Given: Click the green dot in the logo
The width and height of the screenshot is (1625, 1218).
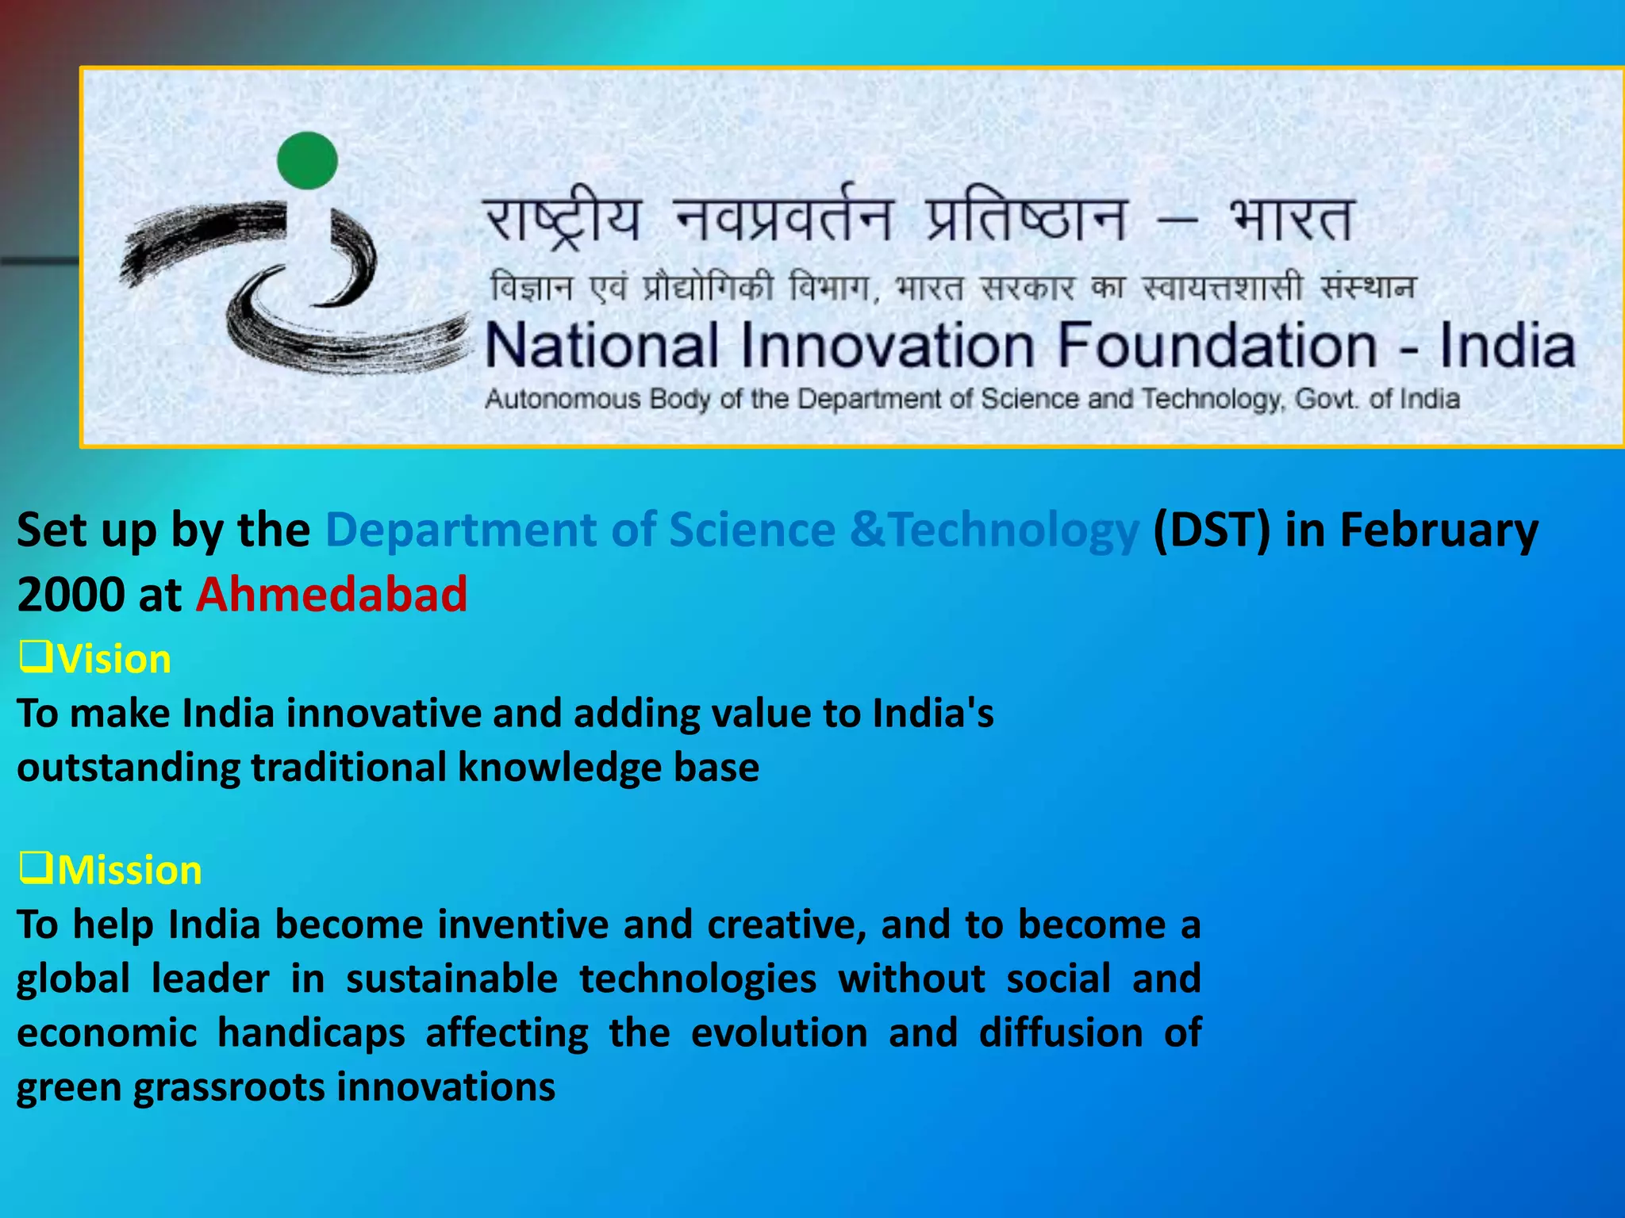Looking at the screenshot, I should coord(307,161).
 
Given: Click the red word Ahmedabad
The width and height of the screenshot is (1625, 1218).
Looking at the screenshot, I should coord(332,595).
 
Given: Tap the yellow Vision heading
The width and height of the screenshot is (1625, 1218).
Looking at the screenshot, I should coord(114,660).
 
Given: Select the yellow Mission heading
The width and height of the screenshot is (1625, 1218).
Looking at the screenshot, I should coord(129,871).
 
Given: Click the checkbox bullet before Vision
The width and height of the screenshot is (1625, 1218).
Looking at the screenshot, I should coord(36,657).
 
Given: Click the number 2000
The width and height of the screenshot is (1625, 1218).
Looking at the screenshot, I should coord(71,595).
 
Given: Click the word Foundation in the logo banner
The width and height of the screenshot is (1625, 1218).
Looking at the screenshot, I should coord(1218,347).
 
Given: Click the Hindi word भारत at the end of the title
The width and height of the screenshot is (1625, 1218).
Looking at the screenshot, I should coord(1291,219).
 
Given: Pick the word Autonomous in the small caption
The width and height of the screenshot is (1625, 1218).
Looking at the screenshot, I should coord(562,399).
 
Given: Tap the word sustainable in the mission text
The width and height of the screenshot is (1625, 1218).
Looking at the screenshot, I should coord(451,979).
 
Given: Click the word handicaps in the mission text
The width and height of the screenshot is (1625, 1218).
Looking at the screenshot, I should coord(311,1033).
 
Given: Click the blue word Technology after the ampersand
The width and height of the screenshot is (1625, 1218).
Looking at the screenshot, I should coord(1014,530).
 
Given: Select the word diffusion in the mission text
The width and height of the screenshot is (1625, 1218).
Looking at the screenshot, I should coord(1060,1033).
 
